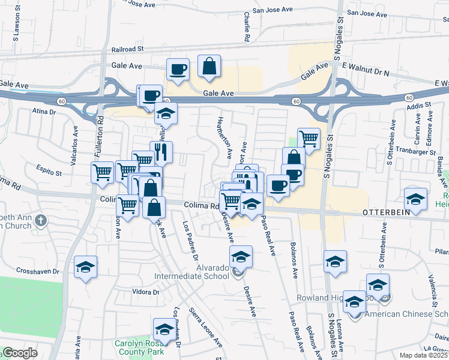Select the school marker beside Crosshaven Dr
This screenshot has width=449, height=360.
pyautogui.click(x=86, y=266)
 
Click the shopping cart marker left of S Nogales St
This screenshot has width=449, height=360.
pyautogui.click(x=309, y=138)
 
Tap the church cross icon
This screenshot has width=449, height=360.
pyautogui.click(x=41, y=220)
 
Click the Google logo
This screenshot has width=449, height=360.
pyautogui.click(x=19, y=353)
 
